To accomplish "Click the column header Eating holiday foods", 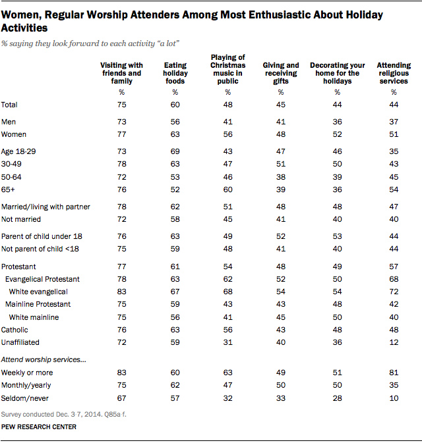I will click(x=174, y=73).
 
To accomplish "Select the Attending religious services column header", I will click(x=394, y=73).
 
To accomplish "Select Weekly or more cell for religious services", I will click(x=394, y=373).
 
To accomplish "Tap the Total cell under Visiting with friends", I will click(x=121, y=105).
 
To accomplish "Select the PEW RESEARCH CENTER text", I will click(x=39, y=427).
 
